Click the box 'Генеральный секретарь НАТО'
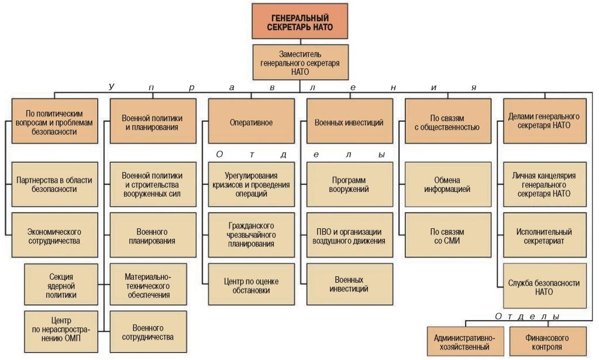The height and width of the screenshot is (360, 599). [x=300, y=22]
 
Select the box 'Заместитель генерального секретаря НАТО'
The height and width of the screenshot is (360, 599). [x=300, y=62]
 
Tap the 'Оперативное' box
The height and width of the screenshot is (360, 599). [x=252, y=121]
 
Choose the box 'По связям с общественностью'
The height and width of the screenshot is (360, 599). [x=447, y=121]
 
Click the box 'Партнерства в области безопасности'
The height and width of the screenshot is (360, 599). [x=54, y=184]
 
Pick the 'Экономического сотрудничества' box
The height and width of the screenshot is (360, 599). [x=54, y=235]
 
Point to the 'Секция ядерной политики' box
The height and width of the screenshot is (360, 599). [x=61, y=284]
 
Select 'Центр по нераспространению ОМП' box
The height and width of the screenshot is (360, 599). [x=61, y=331]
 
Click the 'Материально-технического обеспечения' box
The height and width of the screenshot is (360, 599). [x=148, y=284]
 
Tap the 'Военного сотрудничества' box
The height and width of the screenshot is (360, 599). [x=148, y=331]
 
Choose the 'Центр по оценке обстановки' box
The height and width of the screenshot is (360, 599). [x=252, y=284]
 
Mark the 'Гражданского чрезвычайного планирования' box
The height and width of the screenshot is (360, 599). [x=252, y=235]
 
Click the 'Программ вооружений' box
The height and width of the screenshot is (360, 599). [x=350, y=184]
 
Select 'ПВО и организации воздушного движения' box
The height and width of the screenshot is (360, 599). [x=350, y=235]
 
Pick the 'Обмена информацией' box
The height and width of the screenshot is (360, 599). [x=447, y=184]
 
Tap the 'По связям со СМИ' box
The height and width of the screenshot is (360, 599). [x=447, y=235]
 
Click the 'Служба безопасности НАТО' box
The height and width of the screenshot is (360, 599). [x=545, y=286]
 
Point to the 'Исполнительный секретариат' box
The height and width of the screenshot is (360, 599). [x=545, y=235]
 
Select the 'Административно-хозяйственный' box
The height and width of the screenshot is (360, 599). [x=465, y=341]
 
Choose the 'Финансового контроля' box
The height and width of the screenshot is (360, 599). [x=548, y=341]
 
